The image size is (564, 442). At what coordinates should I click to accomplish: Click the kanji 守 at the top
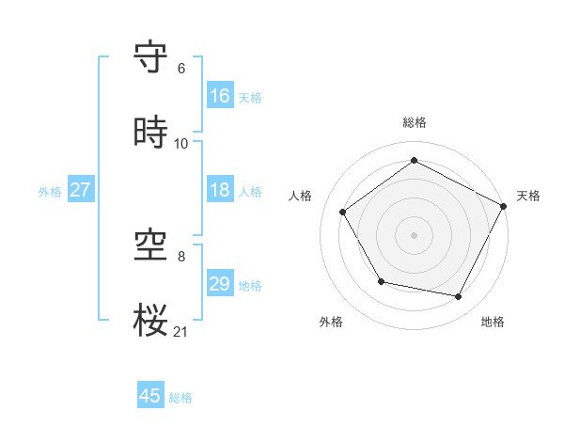151,58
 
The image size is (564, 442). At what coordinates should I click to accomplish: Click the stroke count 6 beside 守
181,69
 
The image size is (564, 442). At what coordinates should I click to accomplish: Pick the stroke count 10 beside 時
181,144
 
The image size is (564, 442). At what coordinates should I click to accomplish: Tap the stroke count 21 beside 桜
181,331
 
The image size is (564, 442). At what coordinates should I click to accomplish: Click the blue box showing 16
220,96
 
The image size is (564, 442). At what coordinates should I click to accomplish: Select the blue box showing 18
220,190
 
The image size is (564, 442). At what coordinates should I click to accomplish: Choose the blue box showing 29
220,284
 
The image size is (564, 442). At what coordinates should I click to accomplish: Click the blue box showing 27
80,190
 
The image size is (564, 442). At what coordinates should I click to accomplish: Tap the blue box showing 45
150,396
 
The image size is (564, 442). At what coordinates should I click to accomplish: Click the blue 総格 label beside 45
180,398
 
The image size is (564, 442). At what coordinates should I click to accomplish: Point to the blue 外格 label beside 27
50,192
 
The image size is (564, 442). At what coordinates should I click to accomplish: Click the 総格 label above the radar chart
414,122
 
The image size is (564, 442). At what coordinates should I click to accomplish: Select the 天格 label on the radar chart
528,196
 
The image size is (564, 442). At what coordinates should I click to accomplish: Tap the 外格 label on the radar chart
331,322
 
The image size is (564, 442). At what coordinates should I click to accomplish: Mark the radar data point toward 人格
343,212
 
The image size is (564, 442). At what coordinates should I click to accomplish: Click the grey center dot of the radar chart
414,234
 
